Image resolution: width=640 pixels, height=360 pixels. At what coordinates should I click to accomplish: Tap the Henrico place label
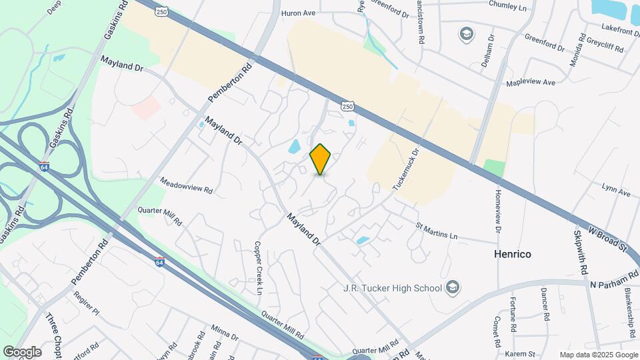click(515, 254)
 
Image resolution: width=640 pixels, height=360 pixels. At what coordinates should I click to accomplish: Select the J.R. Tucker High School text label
click(392, 288)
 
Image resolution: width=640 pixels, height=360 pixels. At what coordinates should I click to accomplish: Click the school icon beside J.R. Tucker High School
click(453, 287)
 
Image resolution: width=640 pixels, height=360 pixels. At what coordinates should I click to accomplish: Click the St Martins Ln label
click(437, 231)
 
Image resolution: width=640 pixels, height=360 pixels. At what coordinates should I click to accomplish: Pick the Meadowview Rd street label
click(186, 185)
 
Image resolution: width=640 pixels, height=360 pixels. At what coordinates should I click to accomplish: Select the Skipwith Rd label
click(580, 253)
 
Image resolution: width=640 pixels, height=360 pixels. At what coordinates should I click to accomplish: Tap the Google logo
click(23, 351)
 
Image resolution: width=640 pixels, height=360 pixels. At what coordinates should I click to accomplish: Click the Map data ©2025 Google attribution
click(598, 355)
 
